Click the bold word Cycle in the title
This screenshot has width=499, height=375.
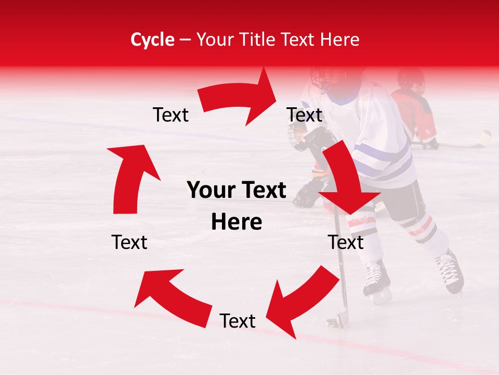coord(152,40)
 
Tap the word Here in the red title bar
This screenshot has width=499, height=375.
coord(340,40)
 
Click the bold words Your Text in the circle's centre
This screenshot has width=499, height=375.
coord(237,191)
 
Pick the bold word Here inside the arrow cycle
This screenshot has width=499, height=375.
coord(237,222)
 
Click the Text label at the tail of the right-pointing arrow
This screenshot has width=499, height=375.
coord(170,115)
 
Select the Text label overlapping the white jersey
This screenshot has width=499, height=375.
coord(305,115)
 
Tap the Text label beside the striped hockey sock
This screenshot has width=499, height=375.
coord(346,242)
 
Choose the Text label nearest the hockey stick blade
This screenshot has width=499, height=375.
coord(238,321)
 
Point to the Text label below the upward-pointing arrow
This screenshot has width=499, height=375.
coord(129,242)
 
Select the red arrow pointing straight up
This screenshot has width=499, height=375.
coord(132,177)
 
